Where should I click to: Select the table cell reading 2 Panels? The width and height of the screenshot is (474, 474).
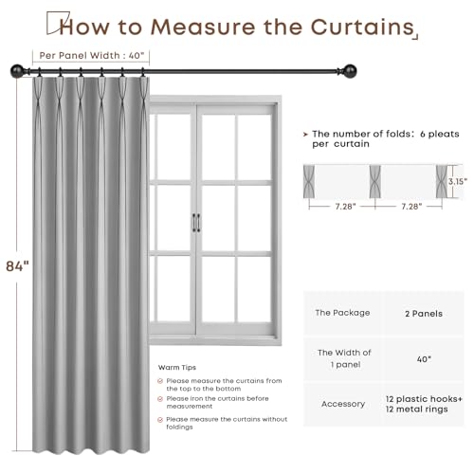(423, 312)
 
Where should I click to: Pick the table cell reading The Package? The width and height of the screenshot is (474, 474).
(342, 312)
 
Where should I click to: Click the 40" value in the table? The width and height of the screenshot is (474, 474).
(423, 357)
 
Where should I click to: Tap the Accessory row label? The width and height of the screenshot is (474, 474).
(342, 403)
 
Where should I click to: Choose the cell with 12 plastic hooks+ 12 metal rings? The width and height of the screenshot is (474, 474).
(423, 403)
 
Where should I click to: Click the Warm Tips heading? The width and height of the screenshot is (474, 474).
(176, 365)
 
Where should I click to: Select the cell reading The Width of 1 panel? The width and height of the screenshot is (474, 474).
(342, 357)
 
